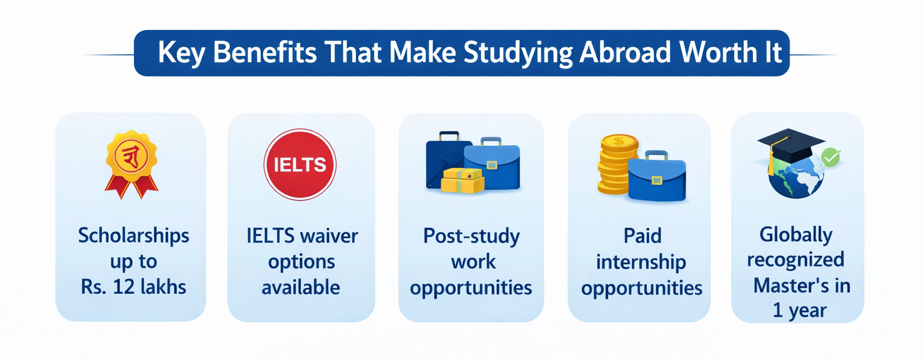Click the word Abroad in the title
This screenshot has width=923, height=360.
point(626,52)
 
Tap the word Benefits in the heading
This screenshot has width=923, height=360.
point(265,52)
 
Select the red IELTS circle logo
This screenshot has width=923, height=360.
point(300,165)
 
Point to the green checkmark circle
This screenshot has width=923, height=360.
point(830,157)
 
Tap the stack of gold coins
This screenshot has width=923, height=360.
point(617,164)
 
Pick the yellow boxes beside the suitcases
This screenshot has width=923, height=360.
point(462,180)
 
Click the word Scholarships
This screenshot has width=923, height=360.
point(134,236)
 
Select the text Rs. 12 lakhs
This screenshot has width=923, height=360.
point(133,287)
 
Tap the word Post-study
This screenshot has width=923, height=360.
point(472,237)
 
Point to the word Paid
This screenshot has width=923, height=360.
point(642,236)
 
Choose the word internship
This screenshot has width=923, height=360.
point(641,263)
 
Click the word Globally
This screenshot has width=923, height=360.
point(796,236)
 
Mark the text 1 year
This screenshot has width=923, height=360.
point(800,311)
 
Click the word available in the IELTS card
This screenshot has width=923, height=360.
point(301,287)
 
